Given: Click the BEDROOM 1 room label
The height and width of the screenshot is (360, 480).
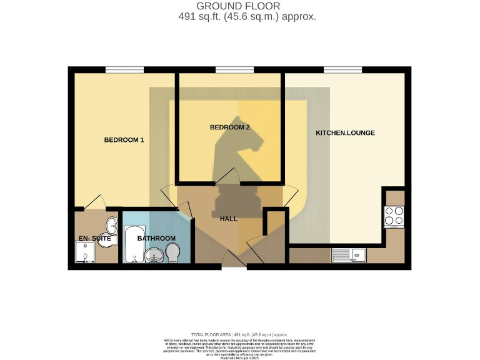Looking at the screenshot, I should (124, 140).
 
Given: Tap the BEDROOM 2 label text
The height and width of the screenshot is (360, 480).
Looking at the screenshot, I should (229, 127).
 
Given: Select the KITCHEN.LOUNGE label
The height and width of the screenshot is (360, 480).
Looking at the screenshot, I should (345, 133).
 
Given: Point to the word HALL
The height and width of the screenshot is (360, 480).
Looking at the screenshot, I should (229, 219).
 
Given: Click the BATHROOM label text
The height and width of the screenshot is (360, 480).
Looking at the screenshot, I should (156, 238).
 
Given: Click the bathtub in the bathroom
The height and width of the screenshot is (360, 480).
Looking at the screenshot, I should (131, 245).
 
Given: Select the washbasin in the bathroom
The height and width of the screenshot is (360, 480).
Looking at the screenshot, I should (154, 255).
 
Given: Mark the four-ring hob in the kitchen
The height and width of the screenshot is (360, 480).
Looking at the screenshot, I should (394, 216).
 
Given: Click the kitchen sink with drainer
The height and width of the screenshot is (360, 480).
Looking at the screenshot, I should (349, 254).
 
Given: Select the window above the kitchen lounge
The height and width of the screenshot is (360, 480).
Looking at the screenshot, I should (342, 69).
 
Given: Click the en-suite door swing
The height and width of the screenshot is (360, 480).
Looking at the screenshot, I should (95, 202).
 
